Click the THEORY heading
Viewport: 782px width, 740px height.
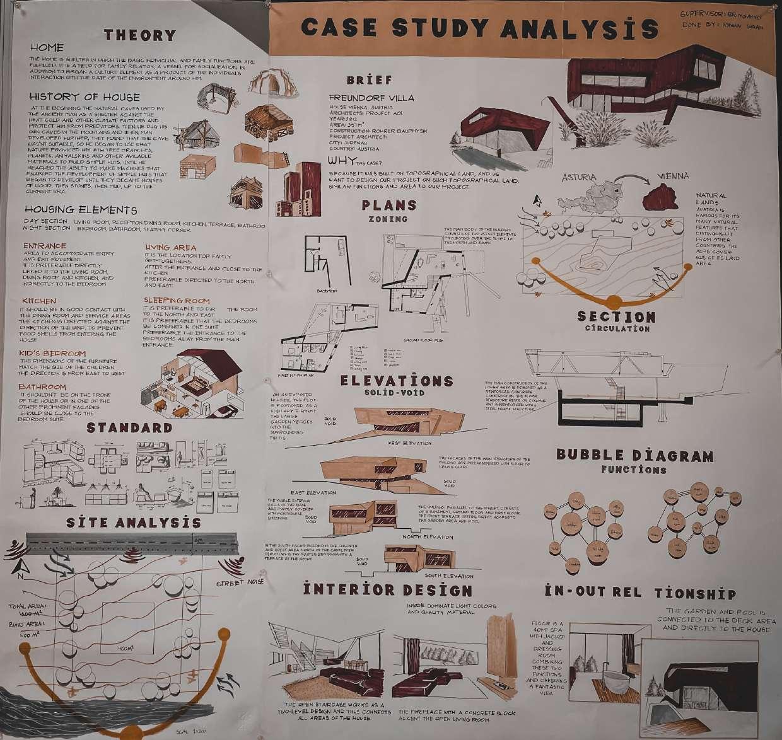pos(139,35)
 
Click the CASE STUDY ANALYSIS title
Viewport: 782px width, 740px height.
pos(479,28)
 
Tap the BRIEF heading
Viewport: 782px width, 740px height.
pos(370,80)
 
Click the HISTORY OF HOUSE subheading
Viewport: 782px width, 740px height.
pos(85,97)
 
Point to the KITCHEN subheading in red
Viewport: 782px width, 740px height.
pos(39,301)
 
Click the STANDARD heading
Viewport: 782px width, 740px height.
pos(129,428)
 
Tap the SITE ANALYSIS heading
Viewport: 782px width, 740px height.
pos(134,523)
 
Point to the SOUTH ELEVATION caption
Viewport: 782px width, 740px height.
pos(449,575)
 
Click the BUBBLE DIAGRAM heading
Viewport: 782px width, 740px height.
pos(634,456)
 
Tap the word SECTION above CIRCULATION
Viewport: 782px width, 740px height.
pos(616,316)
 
